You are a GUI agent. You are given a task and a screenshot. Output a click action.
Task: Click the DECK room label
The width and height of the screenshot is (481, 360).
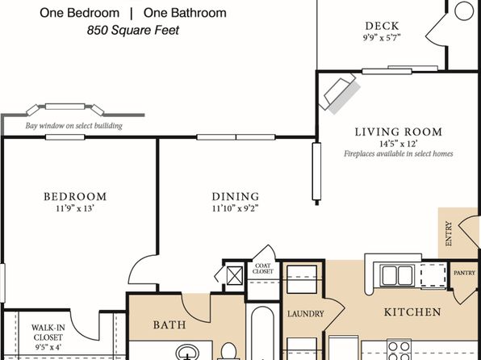coord(382,26)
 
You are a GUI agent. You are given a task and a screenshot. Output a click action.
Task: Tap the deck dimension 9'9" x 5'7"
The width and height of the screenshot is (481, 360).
coord(382,38)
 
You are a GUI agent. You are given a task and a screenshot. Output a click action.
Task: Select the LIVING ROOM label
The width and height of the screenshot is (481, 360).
coord(399,132)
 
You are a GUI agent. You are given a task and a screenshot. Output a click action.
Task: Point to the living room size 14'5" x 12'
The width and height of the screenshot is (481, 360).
coord(399,144)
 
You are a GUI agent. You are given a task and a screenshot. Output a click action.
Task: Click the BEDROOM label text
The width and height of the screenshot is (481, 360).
coord(75,196)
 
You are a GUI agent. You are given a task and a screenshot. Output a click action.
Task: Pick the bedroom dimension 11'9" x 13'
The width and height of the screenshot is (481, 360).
coord(75,208)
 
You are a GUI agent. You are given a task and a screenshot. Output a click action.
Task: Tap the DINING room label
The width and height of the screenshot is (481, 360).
coord(236,196)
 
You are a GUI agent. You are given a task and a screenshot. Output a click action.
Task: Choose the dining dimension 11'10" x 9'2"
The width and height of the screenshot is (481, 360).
coord(236,208)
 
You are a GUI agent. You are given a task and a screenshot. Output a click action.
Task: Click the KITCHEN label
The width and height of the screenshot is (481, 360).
coord(412,312)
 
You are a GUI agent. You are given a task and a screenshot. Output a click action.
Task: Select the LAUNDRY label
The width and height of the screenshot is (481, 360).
coord(306,314)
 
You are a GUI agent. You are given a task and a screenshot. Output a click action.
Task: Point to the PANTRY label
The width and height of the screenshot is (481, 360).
coord(464,273)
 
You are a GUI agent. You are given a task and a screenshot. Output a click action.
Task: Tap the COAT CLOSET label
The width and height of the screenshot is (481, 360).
coord(263,269)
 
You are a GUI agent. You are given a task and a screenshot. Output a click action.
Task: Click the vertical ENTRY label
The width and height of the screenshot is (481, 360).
coord(449,233)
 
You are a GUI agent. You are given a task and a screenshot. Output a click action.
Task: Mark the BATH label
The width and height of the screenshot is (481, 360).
coord(169,324)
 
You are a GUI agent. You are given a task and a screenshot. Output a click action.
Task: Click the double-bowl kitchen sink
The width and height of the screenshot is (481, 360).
coord(398,275)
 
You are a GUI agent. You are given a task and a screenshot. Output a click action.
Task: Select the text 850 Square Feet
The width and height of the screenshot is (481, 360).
coord(133,30)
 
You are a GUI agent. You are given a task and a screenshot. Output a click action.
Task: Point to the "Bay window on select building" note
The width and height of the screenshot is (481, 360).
coord(73,126)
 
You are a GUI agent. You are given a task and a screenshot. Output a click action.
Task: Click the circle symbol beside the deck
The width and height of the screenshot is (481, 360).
coord(464,11)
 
